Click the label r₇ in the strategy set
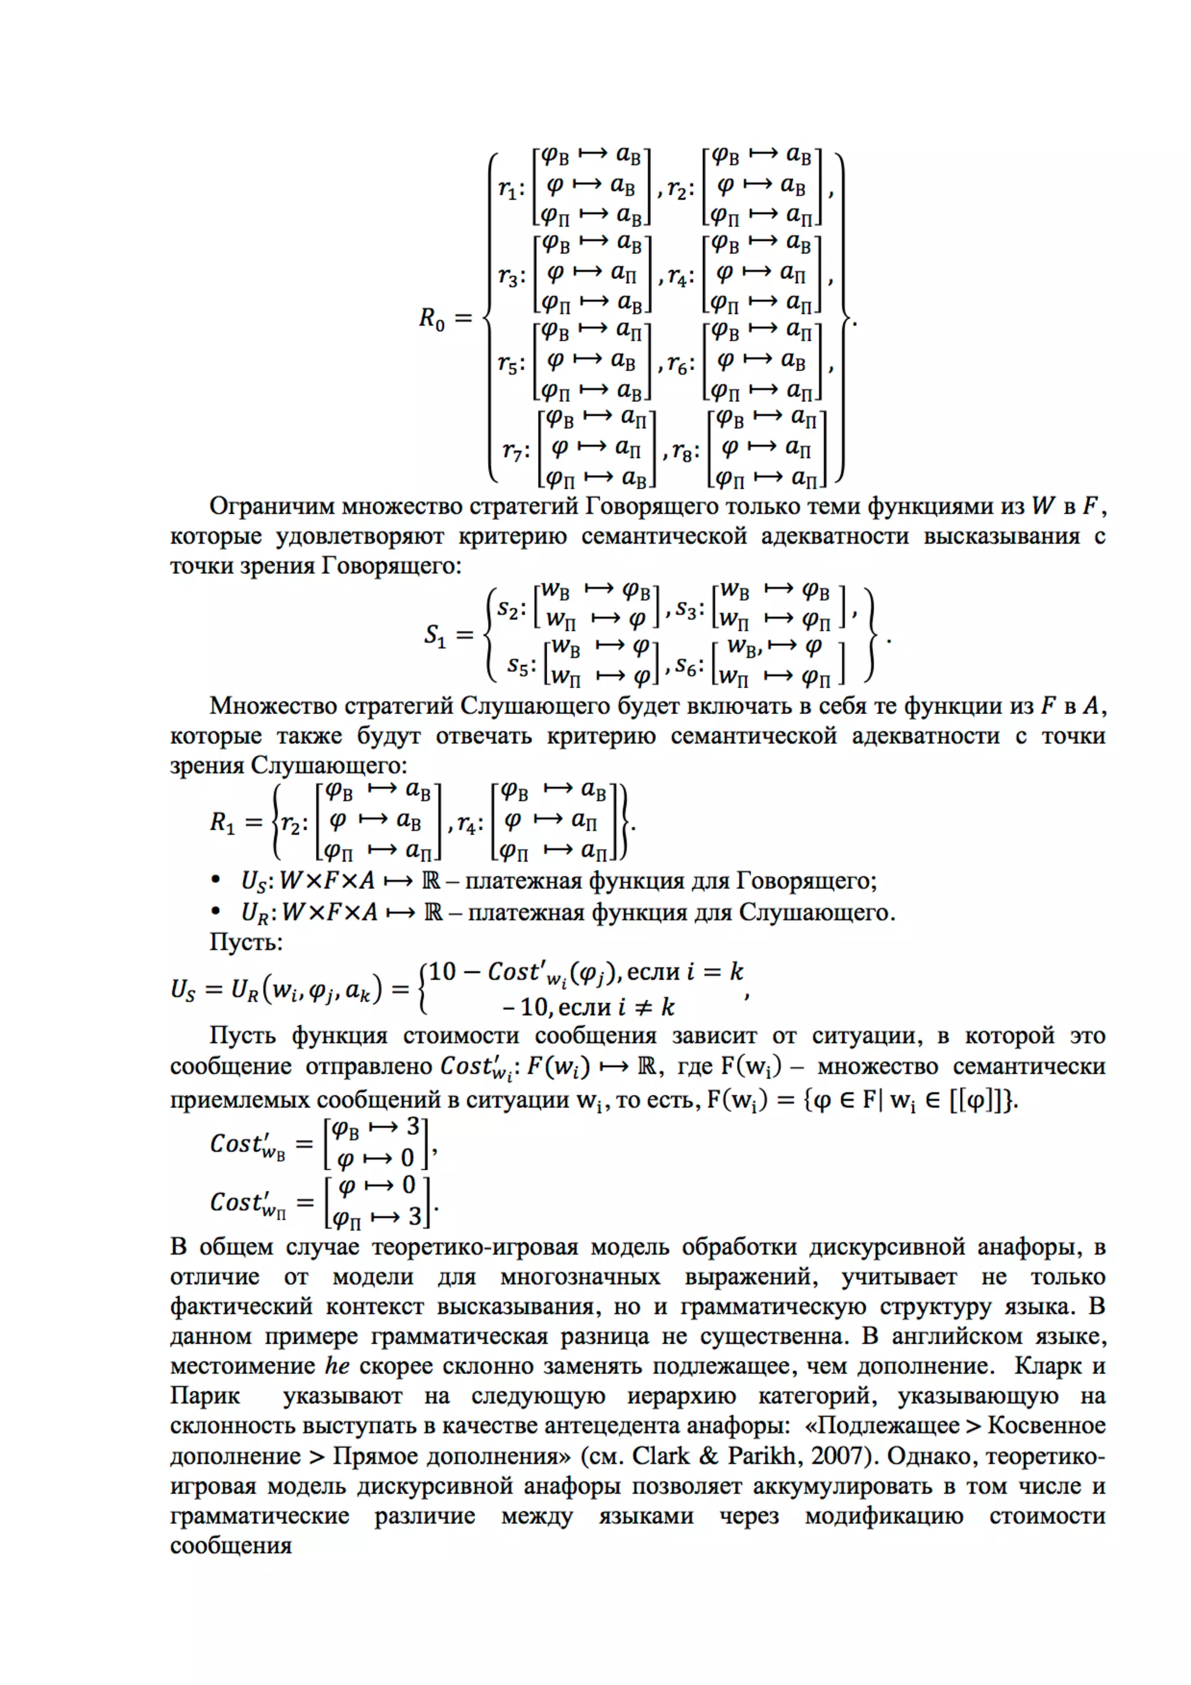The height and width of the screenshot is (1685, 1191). [514, 450]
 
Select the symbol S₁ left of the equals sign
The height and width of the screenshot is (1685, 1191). [435, 634]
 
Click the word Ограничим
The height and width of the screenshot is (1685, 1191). [272, 506]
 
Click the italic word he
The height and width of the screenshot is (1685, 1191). [337, 1366]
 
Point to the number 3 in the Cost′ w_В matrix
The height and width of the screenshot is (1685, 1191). [413, 1126]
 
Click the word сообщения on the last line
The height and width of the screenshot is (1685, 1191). [230, 1545]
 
